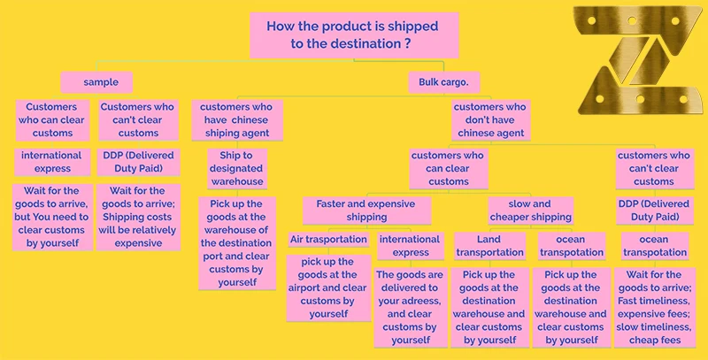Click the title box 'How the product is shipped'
[x=354, y=34]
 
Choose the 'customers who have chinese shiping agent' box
[x=235, y=120]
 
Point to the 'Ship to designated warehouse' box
[x=235, y=168]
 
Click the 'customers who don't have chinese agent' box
[x=490, y=120]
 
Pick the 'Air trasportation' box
[x=328, y=240]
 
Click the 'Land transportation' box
[x=489, y=246]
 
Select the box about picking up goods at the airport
[x=328, y=287]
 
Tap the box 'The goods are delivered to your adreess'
[x=410, y=307]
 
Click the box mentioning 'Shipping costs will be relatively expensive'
[x=138, y=217]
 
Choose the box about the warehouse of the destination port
[x=235, y=243]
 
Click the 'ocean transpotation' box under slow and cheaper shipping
[x=571, y=246]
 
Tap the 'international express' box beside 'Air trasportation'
[x=410, y=246]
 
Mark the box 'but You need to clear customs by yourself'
[x=52, y=217]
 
